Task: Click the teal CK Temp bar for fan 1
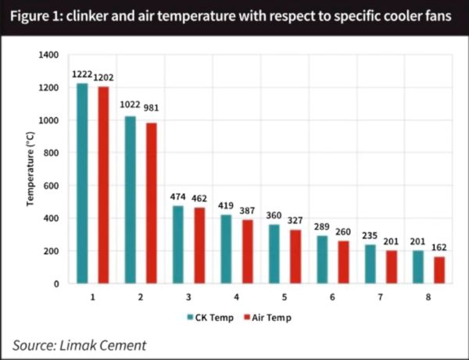pos(82,184)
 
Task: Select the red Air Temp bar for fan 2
pos(152,203)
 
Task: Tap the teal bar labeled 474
pos(178,244)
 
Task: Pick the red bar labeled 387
pos(247,252)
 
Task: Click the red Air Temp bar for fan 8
pos(439,270)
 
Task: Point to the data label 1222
pos(82,74)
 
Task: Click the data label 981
pos(151,108)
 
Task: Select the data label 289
pos(322,226)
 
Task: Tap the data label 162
pos(439,248)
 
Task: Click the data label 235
pos(370,236)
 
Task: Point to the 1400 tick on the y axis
pos(48,55)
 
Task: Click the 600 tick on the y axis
pos(51,186)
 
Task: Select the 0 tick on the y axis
pos(56,283)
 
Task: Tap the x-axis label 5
pos(285,298)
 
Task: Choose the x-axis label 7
pos(380,298)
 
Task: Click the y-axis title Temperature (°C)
pos(30,169)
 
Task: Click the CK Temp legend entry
pos(210,318)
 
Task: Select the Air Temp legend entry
pos(267,318)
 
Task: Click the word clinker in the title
pos(87,16)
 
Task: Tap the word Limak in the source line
pos(77,345)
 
